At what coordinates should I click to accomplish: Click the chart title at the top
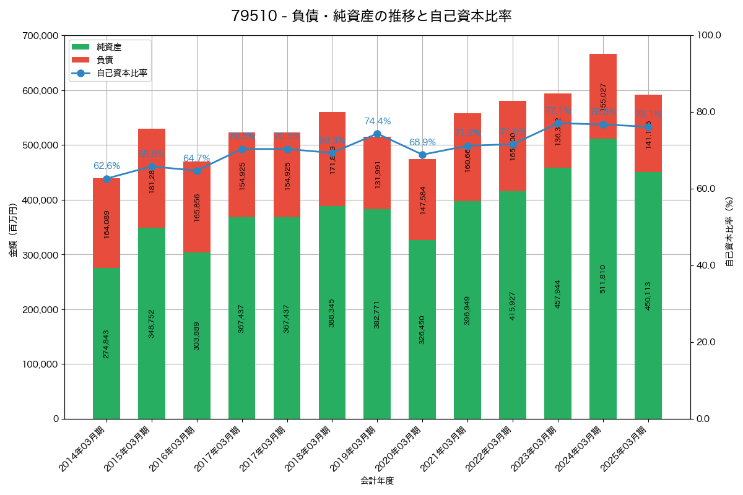click(371, 16)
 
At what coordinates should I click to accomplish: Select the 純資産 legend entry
click(109, 47)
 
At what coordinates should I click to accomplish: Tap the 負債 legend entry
click(105, 60)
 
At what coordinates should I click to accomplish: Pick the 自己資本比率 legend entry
click(121, 73)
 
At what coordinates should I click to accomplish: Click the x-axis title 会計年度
click(377, 481)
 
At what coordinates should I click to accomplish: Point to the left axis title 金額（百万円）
click(13, 230)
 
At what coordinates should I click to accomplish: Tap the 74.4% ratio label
click(377, 121)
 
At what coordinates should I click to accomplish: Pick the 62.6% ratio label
click(106, 166)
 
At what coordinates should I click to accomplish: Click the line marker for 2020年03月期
click(422, 155)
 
